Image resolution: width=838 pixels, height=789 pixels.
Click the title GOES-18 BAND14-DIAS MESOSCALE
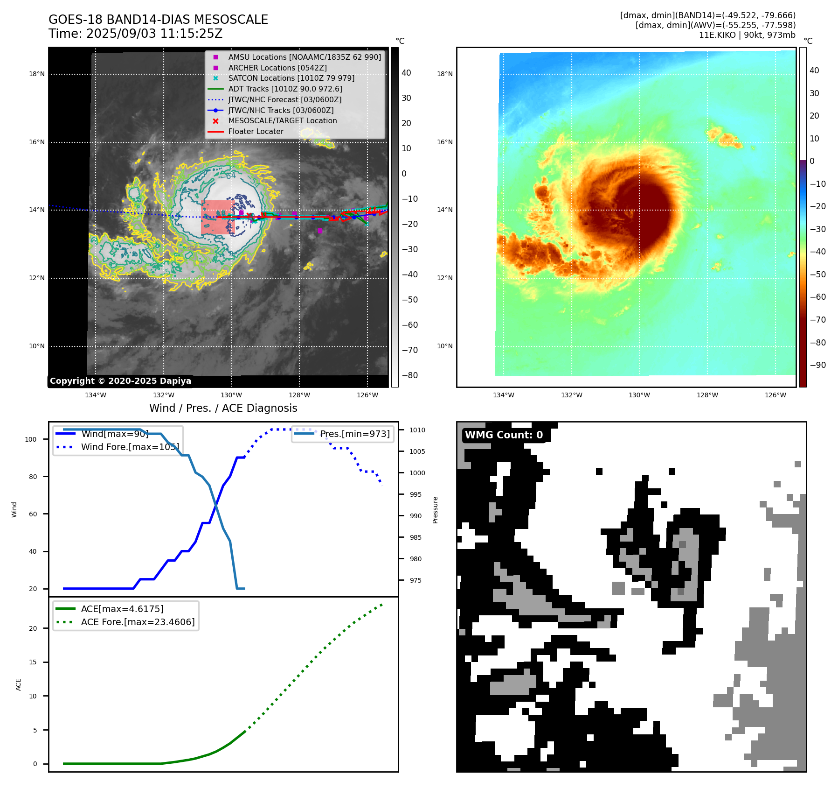click(158, 20)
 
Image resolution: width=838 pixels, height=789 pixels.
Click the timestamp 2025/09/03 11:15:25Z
click(154, 34)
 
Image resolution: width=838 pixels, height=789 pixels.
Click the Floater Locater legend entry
click(256, 131)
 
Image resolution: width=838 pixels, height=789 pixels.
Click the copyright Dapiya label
click(120, 381)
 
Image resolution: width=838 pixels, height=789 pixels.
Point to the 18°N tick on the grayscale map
click(37, 74)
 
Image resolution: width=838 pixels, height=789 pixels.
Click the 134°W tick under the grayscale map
click(96, 395)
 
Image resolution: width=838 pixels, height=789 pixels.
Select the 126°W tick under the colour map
click(775, 395)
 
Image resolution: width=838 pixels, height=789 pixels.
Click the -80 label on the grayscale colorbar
click(410, 375)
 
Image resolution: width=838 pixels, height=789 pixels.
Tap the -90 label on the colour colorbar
click(817, 365)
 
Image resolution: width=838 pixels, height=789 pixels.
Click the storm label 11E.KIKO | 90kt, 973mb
click(747, 35)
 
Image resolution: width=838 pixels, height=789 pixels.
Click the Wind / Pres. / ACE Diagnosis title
click(223, 408)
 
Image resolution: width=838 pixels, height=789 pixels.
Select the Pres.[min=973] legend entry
click(354, 434)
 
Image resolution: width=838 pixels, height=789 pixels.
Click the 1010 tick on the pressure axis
click(417, 430)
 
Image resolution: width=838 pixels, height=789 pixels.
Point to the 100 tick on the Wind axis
click(31, 439)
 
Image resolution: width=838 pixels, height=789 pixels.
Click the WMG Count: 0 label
click(504, 435)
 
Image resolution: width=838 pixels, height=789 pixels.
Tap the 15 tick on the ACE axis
click(33, 662)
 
